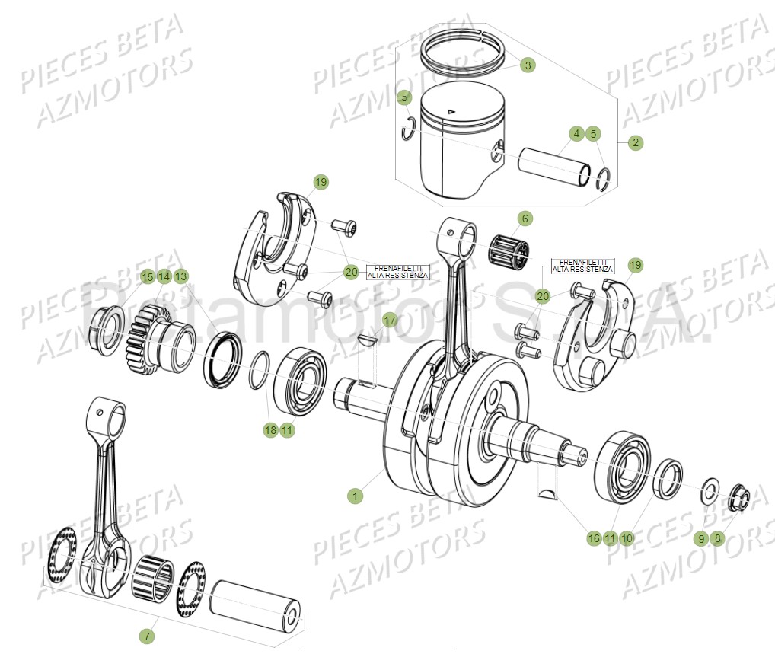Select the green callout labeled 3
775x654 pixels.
tap(528, 65)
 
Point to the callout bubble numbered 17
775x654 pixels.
tap(390, 321)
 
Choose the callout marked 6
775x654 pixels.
tap(524, 219)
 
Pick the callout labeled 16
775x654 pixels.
tap(594, 538)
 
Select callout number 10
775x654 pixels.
tap(627, 538)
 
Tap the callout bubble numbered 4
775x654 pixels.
tap(576, 134)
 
